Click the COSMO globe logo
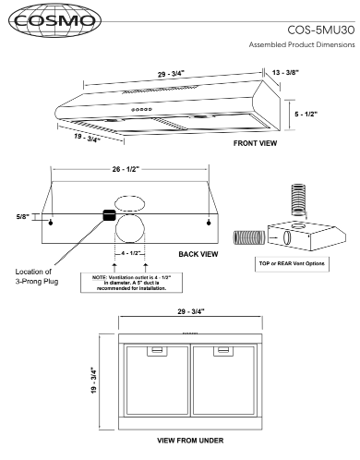(54, 21)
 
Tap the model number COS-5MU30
(321, 30)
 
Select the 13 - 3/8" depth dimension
(285, 72)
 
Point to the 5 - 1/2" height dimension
(306, 114)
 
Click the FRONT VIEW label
(255, 143)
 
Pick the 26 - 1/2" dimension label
(126, 169)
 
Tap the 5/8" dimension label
(22, 216)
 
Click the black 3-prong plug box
(109, 215)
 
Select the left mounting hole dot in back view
(51, 223)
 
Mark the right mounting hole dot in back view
(209, 223)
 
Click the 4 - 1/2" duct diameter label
(131, 253)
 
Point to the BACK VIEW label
(198, 254)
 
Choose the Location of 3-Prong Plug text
(37, 276)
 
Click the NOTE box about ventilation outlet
(131, 283)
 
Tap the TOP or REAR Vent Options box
(292, 264)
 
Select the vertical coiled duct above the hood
(298, 200)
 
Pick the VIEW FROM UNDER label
(190, 441)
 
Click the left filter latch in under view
(157, 351)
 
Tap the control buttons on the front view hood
(141, 109)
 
